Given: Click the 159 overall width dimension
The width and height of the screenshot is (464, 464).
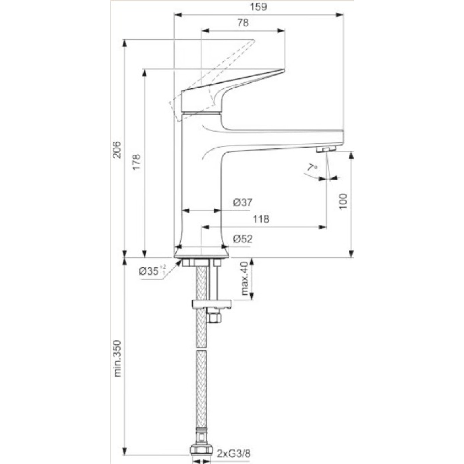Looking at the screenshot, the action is click(258, 7).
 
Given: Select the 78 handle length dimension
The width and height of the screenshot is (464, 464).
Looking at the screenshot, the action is click(243, 23).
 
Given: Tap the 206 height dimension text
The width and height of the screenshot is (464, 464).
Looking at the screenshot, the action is click(116, 150).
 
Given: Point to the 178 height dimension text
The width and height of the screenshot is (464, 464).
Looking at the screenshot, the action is click(137, 162).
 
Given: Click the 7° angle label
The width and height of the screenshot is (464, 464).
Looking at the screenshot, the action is click(312, 168).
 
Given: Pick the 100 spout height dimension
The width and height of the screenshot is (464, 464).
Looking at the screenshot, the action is click(343, 201).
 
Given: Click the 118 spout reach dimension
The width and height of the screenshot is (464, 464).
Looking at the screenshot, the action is click(261, 219).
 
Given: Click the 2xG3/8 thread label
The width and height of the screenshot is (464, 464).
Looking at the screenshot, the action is click(233, 454).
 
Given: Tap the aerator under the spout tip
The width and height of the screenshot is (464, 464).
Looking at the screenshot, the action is click(326, 149).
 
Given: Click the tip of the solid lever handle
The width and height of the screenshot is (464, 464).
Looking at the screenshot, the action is click(284, 70).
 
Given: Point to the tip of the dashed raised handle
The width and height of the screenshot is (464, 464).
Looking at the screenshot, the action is click(254, 40).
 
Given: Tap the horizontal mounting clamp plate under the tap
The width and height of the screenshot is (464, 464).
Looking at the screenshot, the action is click(212, 304).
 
